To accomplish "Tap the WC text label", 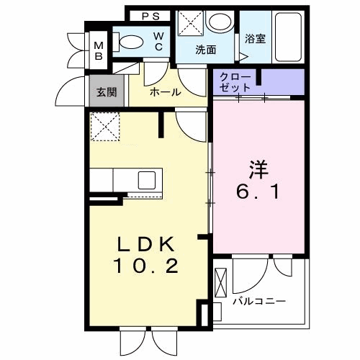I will coord(159,41).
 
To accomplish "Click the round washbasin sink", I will coord(217,22).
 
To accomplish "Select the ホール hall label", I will coord(165,92).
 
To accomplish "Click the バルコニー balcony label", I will coord(259,300).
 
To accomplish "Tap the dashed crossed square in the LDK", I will coord(106,129).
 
